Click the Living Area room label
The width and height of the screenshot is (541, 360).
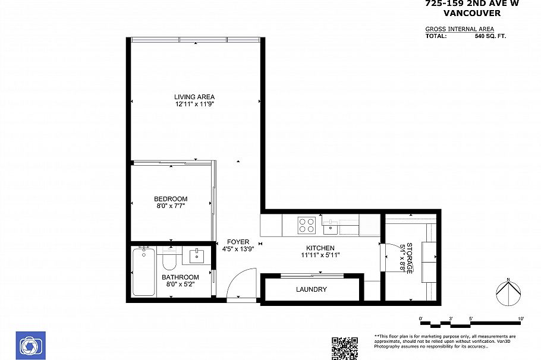(x=194, y=97)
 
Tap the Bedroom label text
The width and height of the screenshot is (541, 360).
(x=171, y=199)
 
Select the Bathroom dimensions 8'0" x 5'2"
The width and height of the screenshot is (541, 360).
(x=180, y=285)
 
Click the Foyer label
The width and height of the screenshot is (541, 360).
(x=238, y=242)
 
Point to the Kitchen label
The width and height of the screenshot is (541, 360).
(x=320, y=248)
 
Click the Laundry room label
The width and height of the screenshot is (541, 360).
(x=312, y=289)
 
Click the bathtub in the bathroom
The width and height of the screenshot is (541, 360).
(x=144, y=271)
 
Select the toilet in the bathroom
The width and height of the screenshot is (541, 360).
(x=169, y=260)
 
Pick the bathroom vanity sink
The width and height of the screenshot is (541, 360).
(x=197, y=257)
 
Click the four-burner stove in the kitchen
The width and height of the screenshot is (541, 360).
(x=307, y=225)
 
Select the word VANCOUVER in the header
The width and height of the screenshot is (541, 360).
(x=472, y=13)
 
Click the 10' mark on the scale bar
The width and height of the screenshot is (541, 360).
(x=521, y=319)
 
